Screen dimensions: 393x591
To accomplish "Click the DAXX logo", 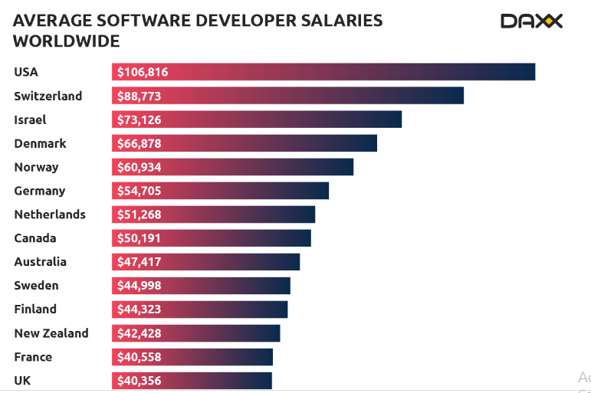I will (x=531, y=21).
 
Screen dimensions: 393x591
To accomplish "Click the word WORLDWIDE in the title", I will (x=67, y=41).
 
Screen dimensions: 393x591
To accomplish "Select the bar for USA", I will (x=323, y=72).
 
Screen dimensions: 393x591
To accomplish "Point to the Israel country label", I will (x=30, y=120).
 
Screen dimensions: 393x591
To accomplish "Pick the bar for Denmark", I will (x=245, y=143).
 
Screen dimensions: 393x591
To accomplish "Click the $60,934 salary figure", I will (x=139, y=167).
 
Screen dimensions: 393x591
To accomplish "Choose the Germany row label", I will (x=40, y=191).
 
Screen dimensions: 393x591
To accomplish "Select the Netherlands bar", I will (x=213, y=215).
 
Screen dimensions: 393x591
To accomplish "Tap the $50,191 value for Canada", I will (x=139, y=238).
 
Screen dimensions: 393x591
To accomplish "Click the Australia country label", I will (x=40, y=262).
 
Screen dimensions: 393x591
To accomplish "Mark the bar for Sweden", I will (x=201, y=286).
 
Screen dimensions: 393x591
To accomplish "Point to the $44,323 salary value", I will (x=139, y=309).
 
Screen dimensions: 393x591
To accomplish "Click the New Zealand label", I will (x=51, y=333).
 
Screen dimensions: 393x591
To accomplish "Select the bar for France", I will (x=192, y=357).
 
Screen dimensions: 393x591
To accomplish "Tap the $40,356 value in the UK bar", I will (x=139, y=381).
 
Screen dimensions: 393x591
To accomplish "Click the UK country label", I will (x=22, y=381).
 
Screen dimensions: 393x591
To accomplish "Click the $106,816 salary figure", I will (x=143, y=72).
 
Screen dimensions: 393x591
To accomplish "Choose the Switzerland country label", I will (x=48, y=96).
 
